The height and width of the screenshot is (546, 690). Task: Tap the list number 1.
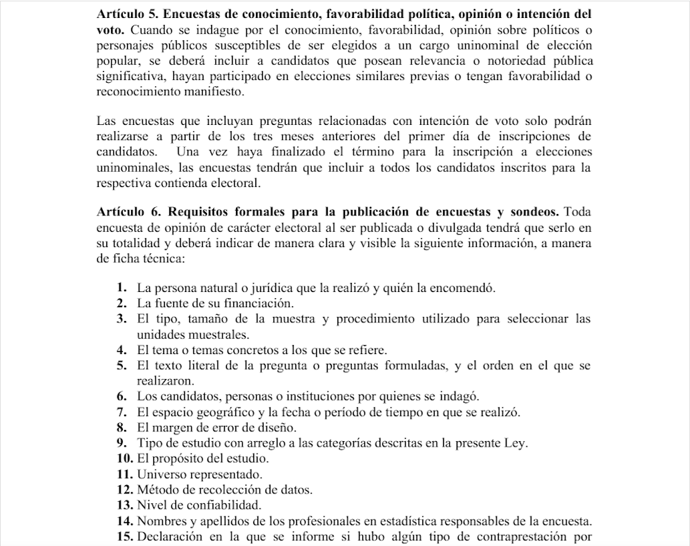(x=121, y=287)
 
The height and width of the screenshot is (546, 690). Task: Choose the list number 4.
(x=121, y=350)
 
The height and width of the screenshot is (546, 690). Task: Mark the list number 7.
(x=121, y=413)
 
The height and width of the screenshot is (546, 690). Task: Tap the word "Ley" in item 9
(x=507, y=443)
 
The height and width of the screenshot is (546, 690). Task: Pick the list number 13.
(x=124, y=505)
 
